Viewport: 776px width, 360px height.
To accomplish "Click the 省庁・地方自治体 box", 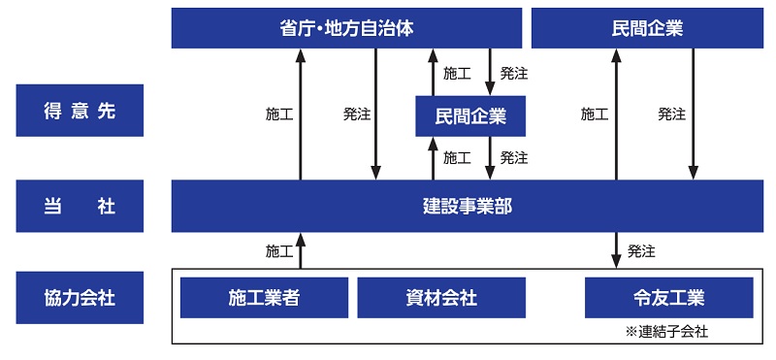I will [x=346, y=28].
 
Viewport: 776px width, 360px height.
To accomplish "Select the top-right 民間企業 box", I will [x=647, y=28].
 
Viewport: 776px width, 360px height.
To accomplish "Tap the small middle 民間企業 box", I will [x=470, y=116].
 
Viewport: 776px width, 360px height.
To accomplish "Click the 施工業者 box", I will [x=264, y=298].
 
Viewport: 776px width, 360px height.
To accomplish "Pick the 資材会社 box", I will [x=441, y=298].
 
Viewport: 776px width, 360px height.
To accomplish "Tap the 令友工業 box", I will [x=669, y=298].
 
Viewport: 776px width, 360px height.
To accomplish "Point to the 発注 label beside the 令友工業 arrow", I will [x=641, y=251].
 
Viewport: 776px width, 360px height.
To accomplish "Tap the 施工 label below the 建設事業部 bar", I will [x=279, y=251].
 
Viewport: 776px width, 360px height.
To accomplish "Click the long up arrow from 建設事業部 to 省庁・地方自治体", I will [x=301, y=114].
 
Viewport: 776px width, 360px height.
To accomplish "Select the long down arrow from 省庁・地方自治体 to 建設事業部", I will [x=375, y=114].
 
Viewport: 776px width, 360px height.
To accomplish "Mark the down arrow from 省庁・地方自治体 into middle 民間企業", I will [x=490, y=73].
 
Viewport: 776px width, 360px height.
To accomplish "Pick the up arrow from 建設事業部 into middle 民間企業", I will [x=434, y=158].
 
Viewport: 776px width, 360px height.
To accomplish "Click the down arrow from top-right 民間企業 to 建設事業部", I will [x=693, y=114].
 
